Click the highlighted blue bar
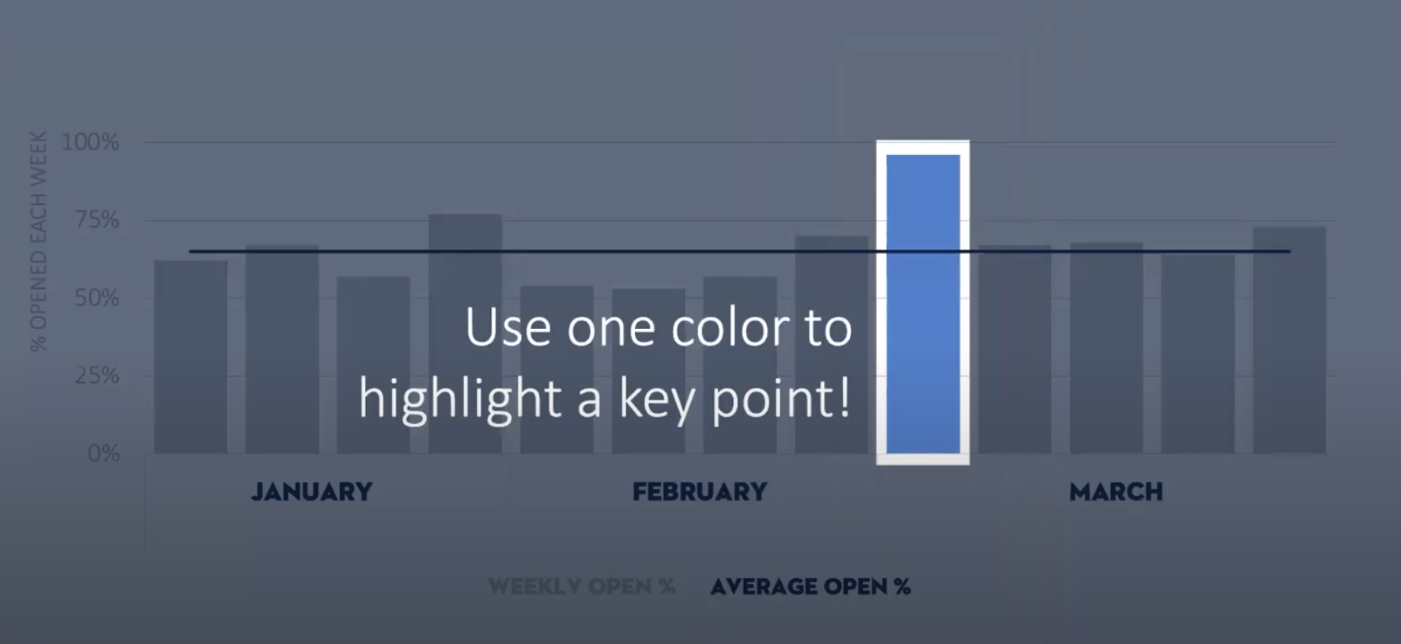(x=923, y=304)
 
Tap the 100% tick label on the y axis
(x=90, y=142)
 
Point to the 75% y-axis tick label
(x=96, y=219)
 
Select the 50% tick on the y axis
(x=96, y=298)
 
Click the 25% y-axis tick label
(x=96, y=375)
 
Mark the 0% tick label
(x=104, y=453)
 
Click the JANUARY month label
(x=312, y=492)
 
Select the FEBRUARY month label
(x=700, y=492)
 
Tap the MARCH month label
(x=1116, y=492)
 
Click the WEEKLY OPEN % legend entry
(x=582, y=586)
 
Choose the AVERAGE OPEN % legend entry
(x=810, y=586)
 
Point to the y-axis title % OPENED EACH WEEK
(x=38, y=241)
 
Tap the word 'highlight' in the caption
(x=459, y=398)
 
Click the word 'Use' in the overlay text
(x=508, y=328)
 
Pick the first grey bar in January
(x=191, y=357)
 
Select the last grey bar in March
(x=1289, y=340)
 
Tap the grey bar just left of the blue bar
(x=831, y=345)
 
